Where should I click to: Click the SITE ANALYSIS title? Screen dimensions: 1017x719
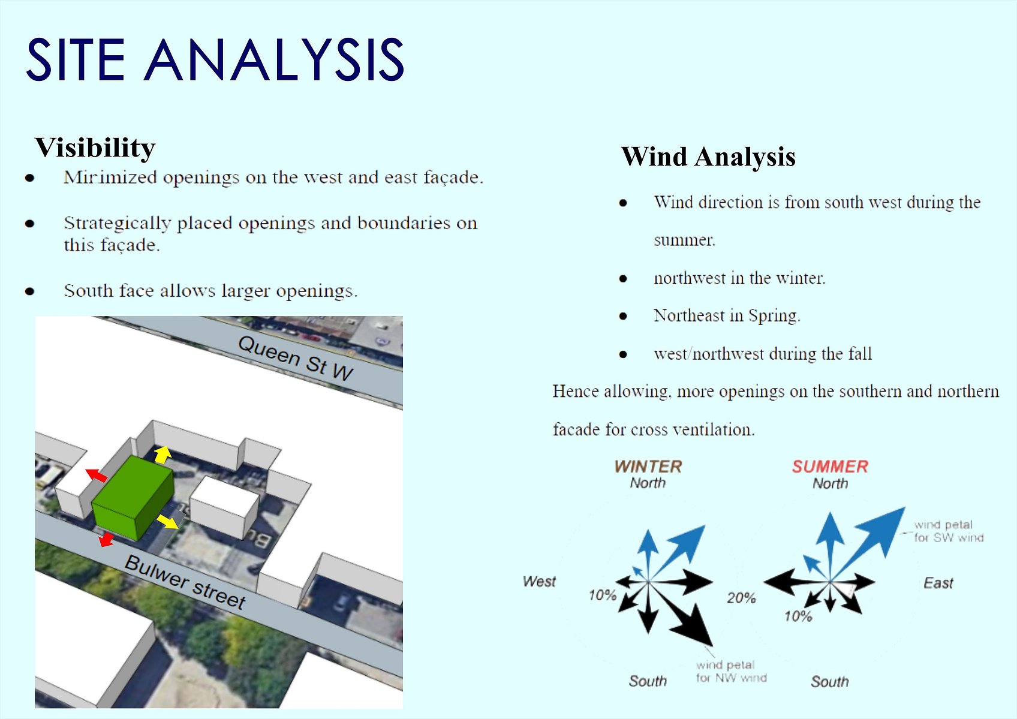point(215,59)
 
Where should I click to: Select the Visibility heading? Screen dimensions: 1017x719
point(95,148)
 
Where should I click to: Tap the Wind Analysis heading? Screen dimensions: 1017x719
point(708,157)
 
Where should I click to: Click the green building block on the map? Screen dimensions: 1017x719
point(133,498)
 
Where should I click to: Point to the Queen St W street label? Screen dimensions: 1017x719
point(296,359)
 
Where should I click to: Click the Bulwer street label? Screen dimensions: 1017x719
point(185,582)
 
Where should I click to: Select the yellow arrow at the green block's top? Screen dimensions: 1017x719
point(163,455)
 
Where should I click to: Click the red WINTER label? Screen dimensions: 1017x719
point(648,467)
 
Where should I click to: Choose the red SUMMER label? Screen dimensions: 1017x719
point(830,467)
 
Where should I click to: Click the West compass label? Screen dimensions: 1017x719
point(539,582)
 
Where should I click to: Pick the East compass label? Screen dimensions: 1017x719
point(938,583)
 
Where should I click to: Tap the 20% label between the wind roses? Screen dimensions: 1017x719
point(741,598)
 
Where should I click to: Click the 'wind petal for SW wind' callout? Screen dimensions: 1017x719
point(949,531)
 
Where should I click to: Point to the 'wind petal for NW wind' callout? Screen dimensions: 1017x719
point(732,672)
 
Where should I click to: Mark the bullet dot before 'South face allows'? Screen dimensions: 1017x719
point(30,291)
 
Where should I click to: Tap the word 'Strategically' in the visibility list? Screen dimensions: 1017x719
point(117,223)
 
